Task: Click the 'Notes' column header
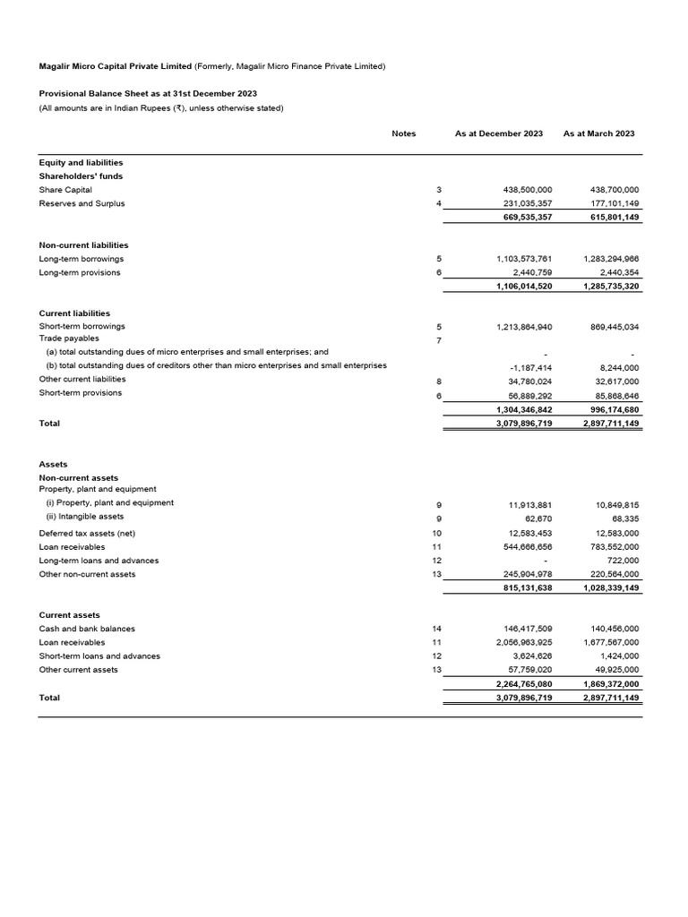tap(403, 133)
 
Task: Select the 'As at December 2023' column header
tap(498, 133)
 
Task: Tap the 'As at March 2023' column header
tap(598, 133)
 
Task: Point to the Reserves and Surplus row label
tap(82, 203)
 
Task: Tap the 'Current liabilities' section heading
tap(74, 313)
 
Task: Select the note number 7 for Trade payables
tap(438, 341)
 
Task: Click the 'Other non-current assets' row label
tap(87, 574)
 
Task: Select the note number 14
tap(437, 629)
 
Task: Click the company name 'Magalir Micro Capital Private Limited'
tap(115, 66)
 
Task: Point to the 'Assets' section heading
tap(53, 465)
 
